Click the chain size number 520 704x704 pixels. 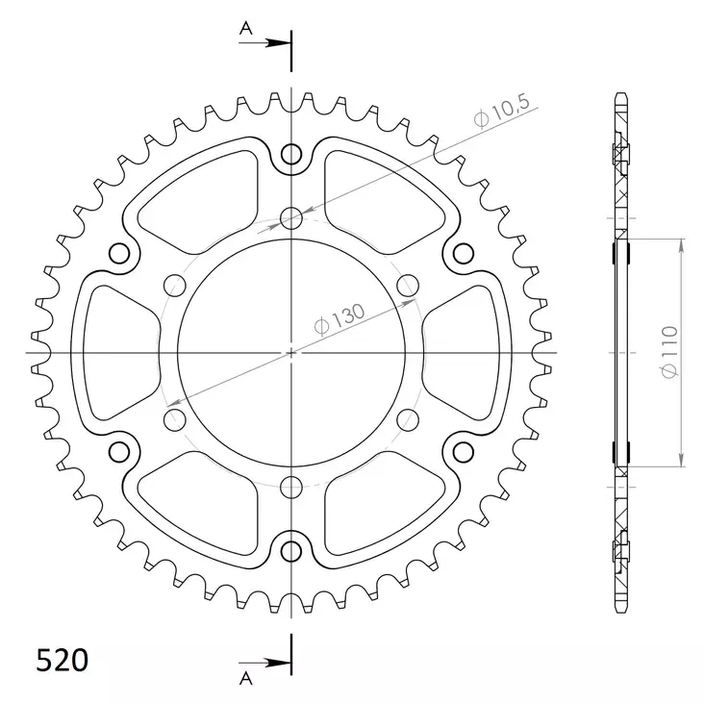click(63, 661)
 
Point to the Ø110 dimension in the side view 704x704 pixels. click(670, 352)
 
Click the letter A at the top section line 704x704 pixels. click(245, 29)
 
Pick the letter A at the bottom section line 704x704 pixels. click(245, 679)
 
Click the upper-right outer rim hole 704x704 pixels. click(463, 254)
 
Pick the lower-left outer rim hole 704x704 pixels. click(120, 452)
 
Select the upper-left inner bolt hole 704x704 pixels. click(174, 285)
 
